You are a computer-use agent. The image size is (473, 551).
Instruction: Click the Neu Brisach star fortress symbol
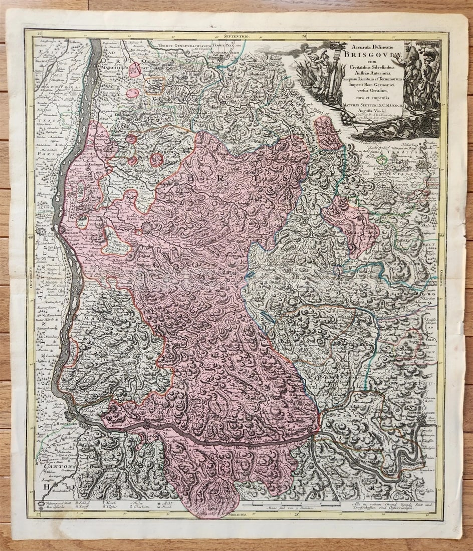click(41, 230)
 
